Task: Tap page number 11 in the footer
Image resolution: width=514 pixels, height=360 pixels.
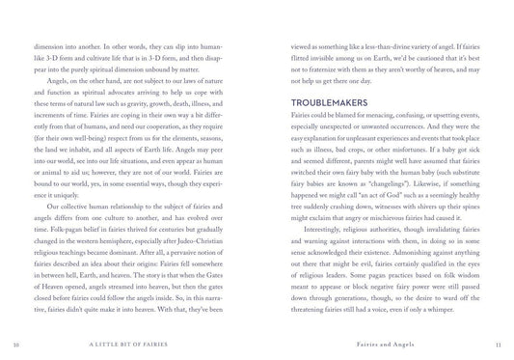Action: [x=495, y=342]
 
